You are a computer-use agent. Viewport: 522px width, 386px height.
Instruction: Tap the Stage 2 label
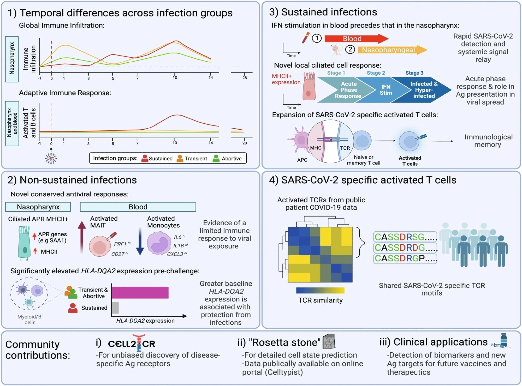[376, 73]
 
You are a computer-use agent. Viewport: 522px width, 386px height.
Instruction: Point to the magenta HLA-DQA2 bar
[140, 292]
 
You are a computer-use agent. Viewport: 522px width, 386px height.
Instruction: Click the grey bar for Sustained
[115, 307]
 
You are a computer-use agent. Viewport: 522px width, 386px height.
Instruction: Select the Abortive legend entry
[227, 158]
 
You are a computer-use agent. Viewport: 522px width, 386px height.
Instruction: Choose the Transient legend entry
[192, 158]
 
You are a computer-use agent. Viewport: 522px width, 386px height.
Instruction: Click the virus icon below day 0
[51, 158]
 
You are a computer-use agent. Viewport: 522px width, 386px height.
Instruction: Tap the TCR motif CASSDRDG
[405, 248]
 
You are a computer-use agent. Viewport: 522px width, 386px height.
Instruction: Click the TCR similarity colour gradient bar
[320, 290]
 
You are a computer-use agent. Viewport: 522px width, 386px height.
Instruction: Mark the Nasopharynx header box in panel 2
[38, 207]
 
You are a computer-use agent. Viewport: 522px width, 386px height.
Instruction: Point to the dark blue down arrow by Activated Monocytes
[140, 241]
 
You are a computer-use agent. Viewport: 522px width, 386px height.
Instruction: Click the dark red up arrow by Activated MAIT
[82, 237]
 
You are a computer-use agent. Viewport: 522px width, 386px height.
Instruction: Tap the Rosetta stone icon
[329, 341]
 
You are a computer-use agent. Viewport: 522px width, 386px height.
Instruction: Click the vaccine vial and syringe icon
[501, 341]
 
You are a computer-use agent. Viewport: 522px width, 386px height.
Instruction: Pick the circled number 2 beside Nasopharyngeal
[350, 50]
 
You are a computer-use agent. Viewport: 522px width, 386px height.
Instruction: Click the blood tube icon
[306, 38]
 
